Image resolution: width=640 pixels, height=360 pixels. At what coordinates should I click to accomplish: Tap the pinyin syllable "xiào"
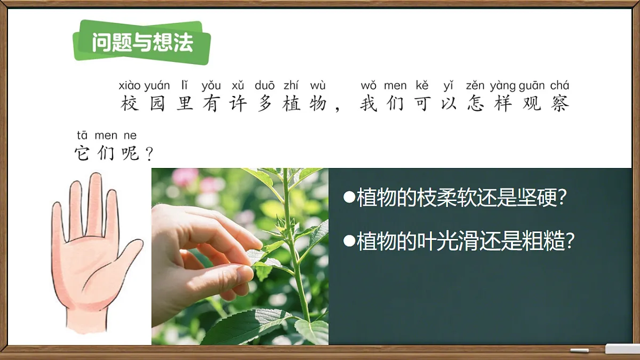[130, 85]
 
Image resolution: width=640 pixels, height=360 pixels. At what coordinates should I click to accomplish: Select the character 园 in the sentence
[157, 103]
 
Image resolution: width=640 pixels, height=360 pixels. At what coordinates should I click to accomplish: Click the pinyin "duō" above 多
[265, 85]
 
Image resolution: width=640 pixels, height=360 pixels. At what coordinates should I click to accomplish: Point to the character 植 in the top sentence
[292, 103]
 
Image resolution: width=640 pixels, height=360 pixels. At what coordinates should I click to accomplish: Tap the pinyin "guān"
[532, 85]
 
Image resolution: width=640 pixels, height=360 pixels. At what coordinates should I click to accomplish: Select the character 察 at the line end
[560, 103]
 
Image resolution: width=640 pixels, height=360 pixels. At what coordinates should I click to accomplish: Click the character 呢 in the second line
[130, 154]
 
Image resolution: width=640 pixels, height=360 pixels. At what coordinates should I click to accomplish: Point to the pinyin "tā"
[82, 135]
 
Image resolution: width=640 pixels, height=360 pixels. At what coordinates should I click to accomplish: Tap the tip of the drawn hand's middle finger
[95, 179]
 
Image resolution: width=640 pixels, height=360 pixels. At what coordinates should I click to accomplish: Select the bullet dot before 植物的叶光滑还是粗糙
[349, 241]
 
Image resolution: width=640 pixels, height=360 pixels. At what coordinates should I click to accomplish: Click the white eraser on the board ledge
[622, 349]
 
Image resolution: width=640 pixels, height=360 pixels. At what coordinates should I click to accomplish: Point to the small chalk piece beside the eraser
[579, 350]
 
